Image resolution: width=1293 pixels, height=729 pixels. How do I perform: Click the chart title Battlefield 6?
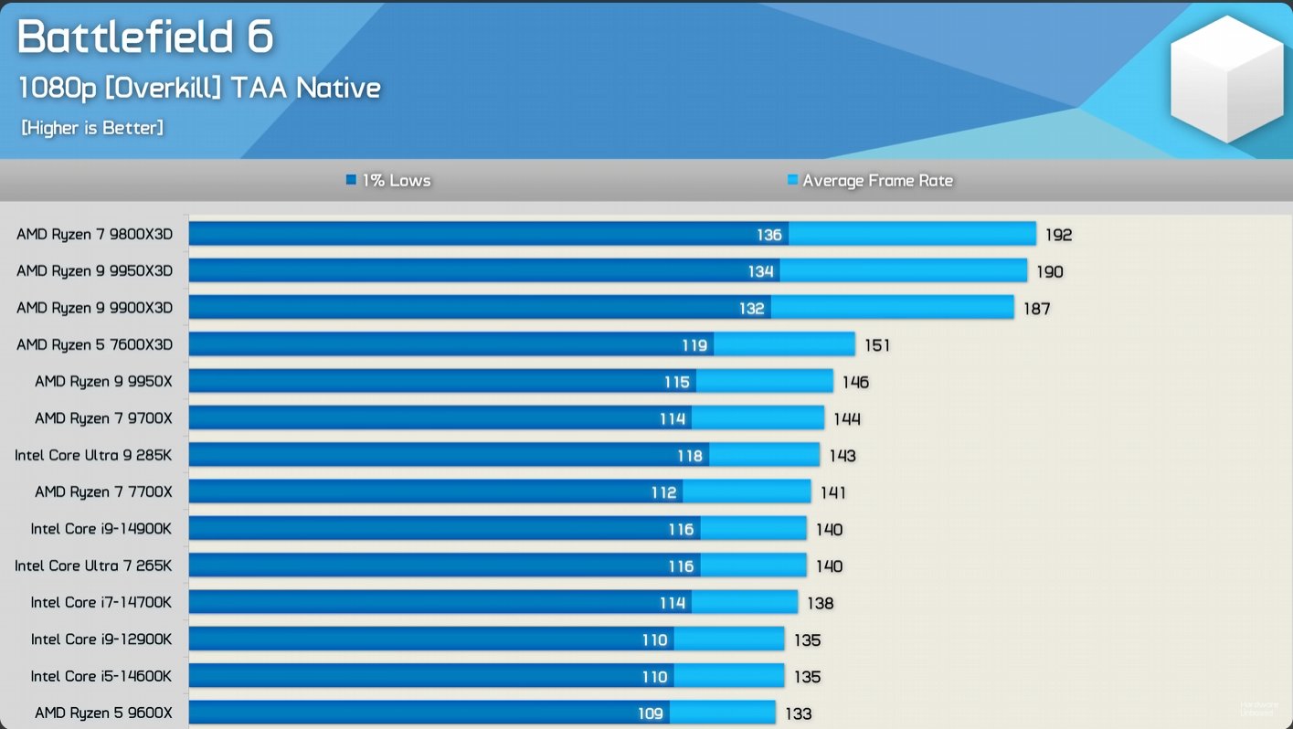(145, 37)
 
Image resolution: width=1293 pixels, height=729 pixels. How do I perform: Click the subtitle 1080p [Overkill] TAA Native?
(199, 88)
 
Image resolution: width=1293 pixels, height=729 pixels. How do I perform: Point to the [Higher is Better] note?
(92, 128)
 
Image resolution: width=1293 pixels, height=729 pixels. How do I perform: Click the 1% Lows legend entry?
(388, 181)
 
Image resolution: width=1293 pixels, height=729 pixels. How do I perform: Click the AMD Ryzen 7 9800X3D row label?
(94, 235)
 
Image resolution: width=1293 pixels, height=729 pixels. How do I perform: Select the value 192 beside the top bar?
(1058, 235)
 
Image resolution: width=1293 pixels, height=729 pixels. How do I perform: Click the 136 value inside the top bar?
(769, 235)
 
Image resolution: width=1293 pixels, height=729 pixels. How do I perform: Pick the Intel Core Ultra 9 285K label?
(93, 455)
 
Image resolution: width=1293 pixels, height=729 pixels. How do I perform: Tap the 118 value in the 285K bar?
(690, 456)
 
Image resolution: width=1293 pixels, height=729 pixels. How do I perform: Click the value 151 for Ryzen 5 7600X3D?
(876, 345)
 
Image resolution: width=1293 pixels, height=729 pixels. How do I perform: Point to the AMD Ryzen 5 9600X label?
(103, 713)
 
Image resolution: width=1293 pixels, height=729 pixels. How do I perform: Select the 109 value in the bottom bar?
(650, 713)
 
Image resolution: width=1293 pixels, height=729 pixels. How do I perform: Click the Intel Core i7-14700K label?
(101, 602)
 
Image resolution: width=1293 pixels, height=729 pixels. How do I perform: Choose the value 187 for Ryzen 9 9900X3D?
(1036, 309)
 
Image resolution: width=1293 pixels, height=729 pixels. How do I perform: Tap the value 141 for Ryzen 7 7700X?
(832, 492)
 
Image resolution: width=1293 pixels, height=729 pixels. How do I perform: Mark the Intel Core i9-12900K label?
(101, 639)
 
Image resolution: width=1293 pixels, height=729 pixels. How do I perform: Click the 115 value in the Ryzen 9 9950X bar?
(676, 383)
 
